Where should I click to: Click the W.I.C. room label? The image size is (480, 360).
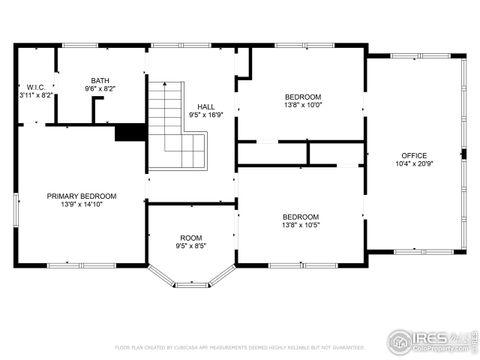[33, 87]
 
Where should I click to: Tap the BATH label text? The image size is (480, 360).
[100, 81]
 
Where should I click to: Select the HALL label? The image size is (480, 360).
[206, 106]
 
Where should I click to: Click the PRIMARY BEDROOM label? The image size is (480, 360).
[82, 196]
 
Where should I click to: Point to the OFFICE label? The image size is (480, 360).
[414, 155]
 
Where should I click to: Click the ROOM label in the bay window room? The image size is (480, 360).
[191, 237]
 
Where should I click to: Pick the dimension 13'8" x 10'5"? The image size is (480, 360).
[301, 225]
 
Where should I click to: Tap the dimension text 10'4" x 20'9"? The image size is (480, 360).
[414, 163]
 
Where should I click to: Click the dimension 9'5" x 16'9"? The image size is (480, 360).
[206, 114]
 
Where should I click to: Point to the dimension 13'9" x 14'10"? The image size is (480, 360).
[82, 204]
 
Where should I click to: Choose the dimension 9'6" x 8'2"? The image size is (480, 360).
[100, 89]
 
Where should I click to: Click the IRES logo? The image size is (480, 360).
[429, 339]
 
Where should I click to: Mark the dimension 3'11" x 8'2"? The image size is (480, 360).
[33, 95]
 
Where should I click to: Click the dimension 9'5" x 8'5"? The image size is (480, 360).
[191, 245]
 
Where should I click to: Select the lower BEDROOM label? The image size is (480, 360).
[301, 217]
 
